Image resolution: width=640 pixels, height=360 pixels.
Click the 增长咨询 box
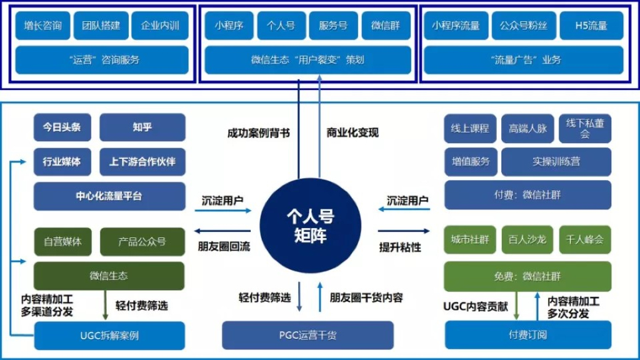click(42, 26)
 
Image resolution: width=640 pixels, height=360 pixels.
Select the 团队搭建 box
click(101, 26)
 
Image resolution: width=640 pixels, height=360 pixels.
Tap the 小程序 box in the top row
click(228, 26)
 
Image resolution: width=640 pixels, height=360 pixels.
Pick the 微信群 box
click(386, 26)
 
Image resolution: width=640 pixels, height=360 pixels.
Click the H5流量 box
click(591, 26)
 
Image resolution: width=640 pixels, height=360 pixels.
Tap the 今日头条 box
click(62, 127)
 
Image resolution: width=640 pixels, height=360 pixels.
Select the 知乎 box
click(142, 127)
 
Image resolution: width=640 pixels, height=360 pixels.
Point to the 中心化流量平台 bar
click(109, 196)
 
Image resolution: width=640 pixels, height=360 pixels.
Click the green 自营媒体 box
click(62, 242)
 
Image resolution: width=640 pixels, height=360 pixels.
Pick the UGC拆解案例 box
click(109, 336)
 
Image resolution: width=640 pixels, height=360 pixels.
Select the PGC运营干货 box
click(307, 336)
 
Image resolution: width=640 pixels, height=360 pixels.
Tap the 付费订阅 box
click(527, 335)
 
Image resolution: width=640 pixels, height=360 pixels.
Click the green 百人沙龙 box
click(527, 240)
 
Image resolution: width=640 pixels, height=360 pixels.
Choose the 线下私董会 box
click(584, 128)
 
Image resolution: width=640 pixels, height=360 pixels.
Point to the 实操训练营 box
click(556, 161)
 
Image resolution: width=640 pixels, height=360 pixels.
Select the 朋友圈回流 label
click(224, 246)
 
